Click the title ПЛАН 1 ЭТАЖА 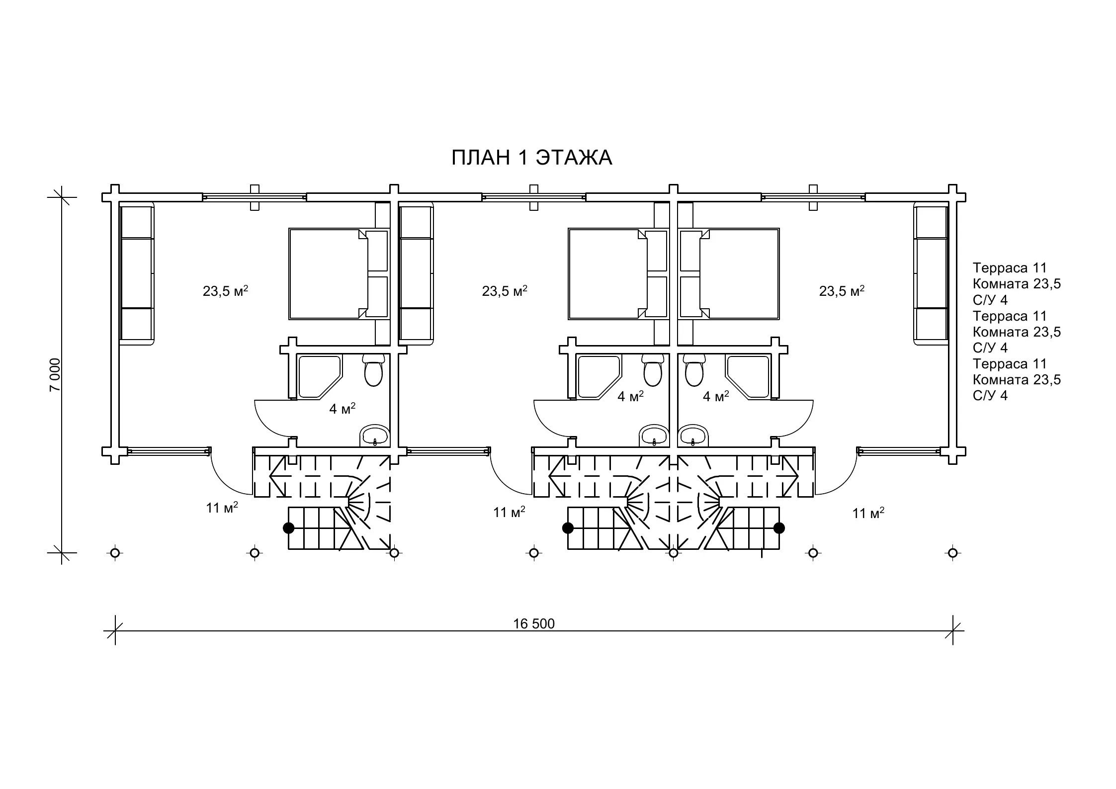tap(531, 158)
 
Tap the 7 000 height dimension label tap(55, 374)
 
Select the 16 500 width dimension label tap(534, 623)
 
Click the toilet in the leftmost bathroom tap(373, 370)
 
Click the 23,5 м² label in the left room tap(225, 291)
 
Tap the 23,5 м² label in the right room tap(842, 291)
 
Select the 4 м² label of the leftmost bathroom tap(343, 409)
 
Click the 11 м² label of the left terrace tap(222, 507)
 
